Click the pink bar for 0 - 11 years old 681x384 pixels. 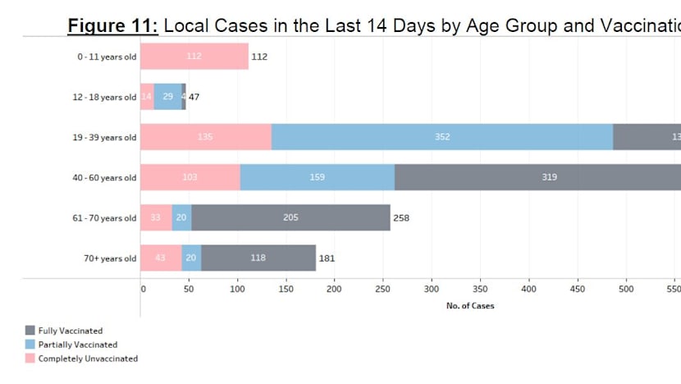click(x=194, y=57)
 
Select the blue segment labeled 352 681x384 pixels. click(x=442, y=137)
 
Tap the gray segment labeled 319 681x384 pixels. click(x=537, y=177)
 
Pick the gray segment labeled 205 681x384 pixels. click(x=290, y=217)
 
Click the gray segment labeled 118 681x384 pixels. click(x=258, y=258)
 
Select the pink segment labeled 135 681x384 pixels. click(x=206, y=137)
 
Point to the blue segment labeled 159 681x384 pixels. click(x=318, y=177)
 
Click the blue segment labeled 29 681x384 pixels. click(x=168, y=97)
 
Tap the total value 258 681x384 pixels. click(x=401, y=218)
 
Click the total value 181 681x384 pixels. click(x=327, y=258)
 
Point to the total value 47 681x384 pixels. click(x=194, y=97)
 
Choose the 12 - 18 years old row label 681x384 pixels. click(x=104, y=98)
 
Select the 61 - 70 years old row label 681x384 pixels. click(x=104, y=218)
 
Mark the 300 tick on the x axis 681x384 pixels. click(x=432, y=290)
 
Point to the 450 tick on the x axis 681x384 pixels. click(x=577, y=290)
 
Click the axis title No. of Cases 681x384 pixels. click(x=470, y=306)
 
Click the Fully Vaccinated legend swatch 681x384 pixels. click(x=30, y=331)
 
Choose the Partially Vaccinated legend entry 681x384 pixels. click(x=78, y=345)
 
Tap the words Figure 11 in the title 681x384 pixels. click(x=112, y=25)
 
